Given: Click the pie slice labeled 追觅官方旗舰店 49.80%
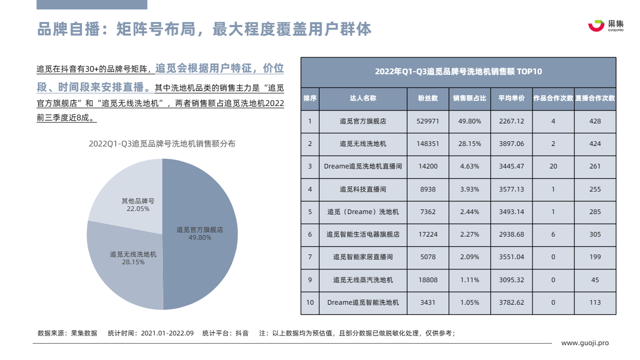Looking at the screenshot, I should coord(205,241).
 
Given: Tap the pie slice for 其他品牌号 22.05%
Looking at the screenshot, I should coord(128,195).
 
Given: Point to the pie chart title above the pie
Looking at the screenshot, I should coord(162,144).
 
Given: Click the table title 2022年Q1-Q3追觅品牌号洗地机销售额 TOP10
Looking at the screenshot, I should coord(458,72).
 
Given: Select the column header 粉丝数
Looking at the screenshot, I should coord(428,98).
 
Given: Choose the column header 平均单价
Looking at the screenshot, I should coord(511,98).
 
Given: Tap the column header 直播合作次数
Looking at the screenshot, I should coord(595,98).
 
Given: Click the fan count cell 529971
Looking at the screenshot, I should coord(428,121).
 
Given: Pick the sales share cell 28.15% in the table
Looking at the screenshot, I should coord(470,144).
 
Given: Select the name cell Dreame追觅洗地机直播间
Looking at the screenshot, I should coord(363,166).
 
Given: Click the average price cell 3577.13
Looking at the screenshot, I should coord(511,189).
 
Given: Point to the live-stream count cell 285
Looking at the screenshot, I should coord(595,211).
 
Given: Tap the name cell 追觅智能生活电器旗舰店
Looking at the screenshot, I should coord(363,235).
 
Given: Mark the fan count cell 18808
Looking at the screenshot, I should coord(428,280).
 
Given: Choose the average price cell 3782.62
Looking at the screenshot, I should coord(511,303).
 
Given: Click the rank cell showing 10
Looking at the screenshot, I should coord(310,303).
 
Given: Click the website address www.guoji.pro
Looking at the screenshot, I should coord(585,343).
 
